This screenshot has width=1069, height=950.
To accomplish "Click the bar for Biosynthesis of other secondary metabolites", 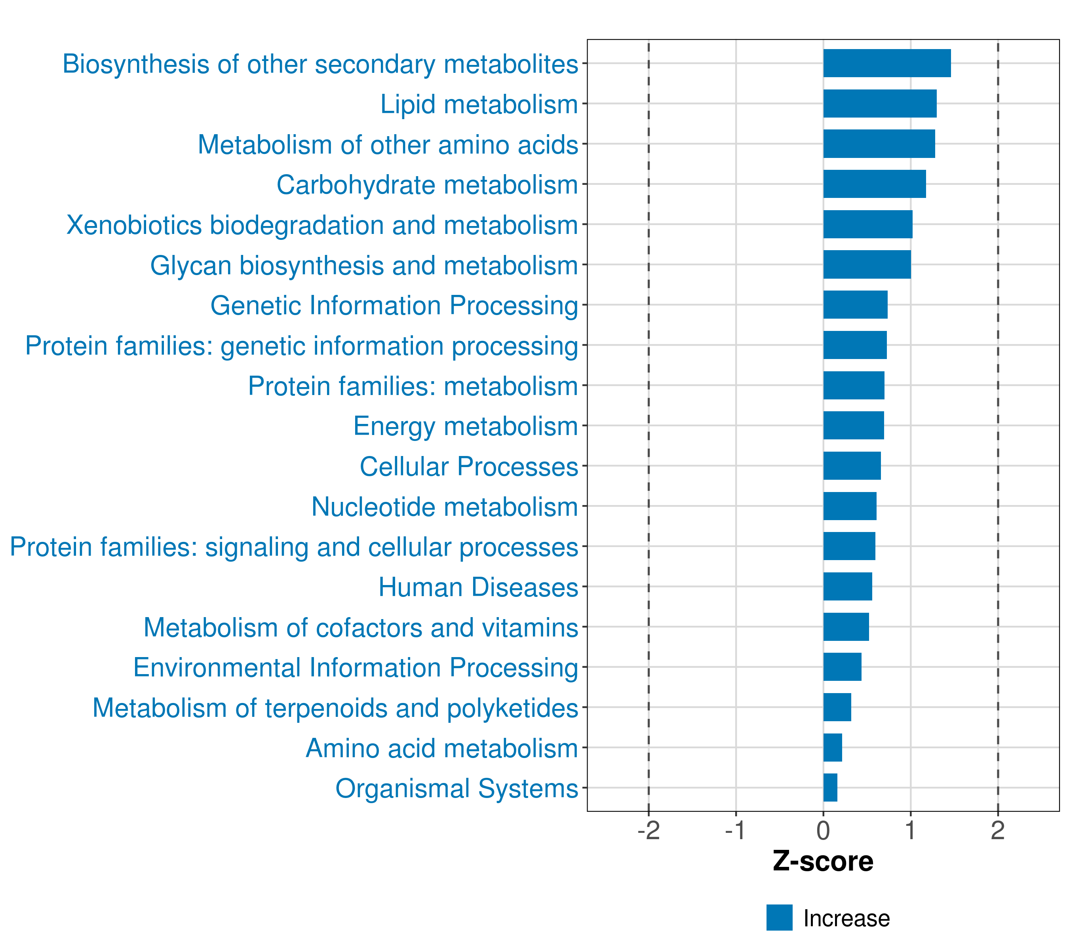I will pyautogui.click(x=886, y=63).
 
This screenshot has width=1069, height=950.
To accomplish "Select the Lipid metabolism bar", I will pyautogui.click(x=880, y=104).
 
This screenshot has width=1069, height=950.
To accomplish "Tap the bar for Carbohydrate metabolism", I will pyautogui.click(x=875, y=184).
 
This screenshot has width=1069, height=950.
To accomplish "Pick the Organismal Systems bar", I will pyautogui.click(x=830, y=787).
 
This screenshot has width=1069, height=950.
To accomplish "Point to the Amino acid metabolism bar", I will pyautogui.click(x=833, y=747).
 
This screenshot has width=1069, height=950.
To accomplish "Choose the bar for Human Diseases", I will pyautogui.click(x=847, y=587).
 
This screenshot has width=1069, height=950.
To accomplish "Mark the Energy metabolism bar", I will pyautogui.click(x=854, y=426).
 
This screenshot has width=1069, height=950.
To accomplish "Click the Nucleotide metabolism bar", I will pyautogui.click(x=850, y=506).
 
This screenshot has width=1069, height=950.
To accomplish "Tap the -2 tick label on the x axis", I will pyautogui.click(x=649, y=831).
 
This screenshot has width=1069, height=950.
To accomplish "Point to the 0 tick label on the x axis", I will pyautogui.click(x=823, y=831).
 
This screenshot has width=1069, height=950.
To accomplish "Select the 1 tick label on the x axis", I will pyautogui.click(x=911, y=831).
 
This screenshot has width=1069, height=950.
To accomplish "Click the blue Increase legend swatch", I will pyautogui.click(x=779, y=918).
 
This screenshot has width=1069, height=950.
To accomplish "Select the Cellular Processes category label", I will pyautogui.click(x=469, y=466).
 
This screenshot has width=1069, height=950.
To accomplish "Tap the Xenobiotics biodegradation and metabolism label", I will pyautogui.click(x=322, y=225).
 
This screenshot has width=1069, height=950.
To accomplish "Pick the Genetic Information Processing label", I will pyautogui.click(x=394, y=306).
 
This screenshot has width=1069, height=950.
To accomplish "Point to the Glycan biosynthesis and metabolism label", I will pyautogui.click(x=364, y=266).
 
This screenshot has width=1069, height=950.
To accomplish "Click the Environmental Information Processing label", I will pyautogui.click(x=356, y=668).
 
